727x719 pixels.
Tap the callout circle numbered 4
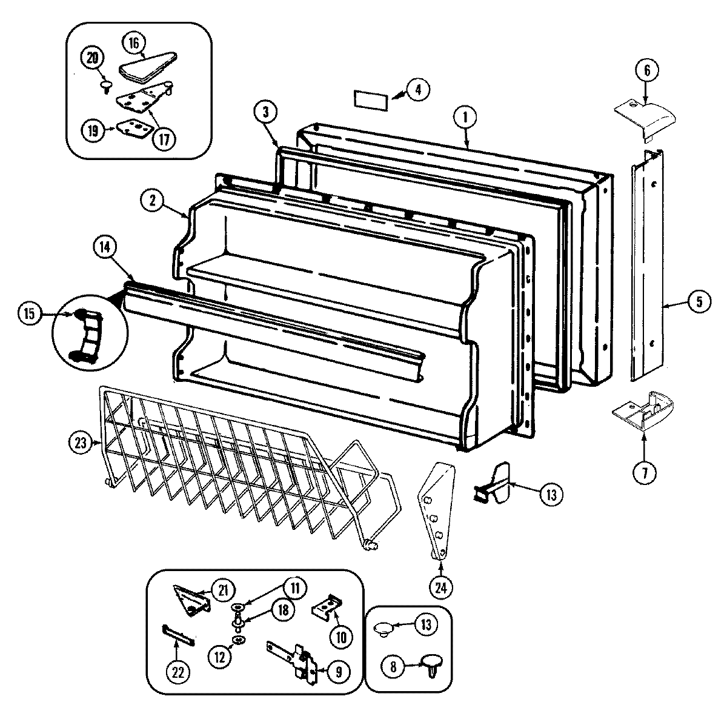coord(419,89)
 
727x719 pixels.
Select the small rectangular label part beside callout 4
coord(370,99)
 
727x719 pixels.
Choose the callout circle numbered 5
coord(699,301)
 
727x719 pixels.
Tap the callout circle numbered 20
coord(92,59)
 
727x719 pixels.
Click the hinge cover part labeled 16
coord(147,67)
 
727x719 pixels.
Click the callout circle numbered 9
coord(338,671)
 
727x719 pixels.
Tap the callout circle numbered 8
coord(393,667)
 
